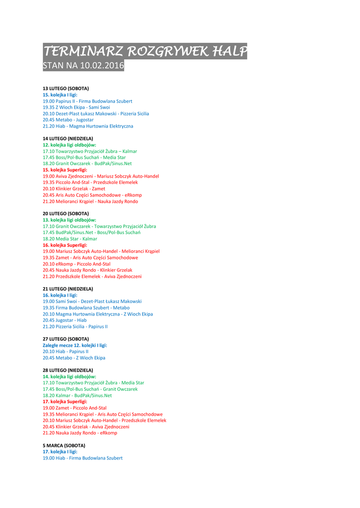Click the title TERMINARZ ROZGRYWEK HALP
pos(144,51)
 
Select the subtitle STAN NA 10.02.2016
pos(83,66)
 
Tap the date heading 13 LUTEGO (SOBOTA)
pos(66,88)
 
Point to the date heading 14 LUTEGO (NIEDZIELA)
pos(68,138)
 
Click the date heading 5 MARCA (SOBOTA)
pos(64,445)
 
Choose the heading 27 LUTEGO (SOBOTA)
pos(66,339)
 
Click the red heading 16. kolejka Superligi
pos(65,245)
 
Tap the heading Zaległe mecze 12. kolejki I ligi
pos(75,345)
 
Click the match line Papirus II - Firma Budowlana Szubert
pos(87,101)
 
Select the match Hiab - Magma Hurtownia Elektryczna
pos(88,126)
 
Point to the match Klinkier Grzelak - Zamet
pos(74,189)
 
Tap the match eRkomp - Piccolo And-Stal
pos(76,264)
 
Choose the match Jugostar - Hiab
pos(65,320)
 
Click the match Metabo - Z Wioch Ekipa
pos(74,358)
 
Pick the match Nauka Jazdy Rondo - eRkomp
pos(80,433)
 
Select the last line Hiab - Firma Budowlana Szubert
pos(82,458)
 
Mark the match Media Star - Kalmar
pos(70,239)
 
